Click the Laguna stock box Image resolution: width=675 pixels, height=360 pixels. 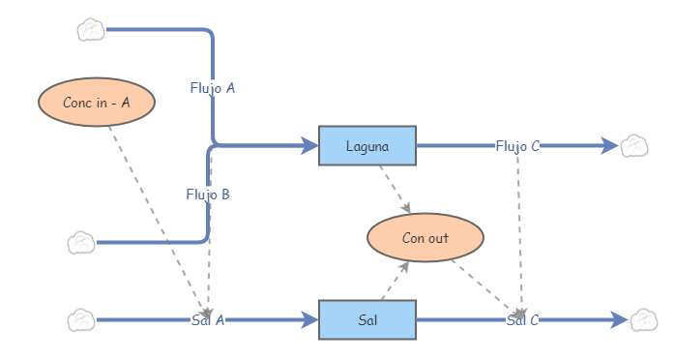367,146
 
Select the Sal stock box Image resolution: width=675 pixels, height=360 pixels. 367,320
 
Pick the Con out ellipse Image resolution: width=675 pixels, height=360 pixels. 425,238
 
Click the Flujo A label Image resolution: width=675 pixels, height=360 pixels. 213,88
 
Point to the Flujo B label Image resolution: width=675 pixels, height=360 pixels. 208,194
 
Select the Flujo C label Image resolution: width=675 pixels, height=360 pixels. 517,146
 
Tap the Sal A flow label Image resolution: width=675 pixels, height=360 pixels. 208,320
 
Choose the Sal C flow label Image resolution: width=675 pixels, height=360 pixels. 522,320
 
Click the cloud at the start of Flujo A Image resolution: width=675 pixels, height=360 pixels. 91,30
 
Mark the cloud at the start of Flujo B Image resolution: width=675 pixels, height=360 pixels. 81,242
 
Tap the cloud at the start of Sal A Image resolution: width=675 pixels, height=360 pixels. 81,319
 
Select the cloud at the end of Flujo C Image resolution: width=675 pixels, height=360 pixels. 633,146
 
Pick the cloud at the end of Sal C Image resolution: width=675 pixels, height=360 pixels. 643,319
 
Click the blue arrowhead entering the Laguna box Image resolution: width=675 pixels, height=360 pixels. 309,146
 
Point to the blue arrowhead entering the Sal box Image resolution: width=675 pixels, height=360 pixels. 309,320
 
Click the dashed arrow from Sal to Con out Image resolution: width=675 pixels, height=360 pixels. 394,281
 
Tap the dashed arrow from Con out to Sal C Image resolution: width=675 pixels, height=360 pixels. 484,287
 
